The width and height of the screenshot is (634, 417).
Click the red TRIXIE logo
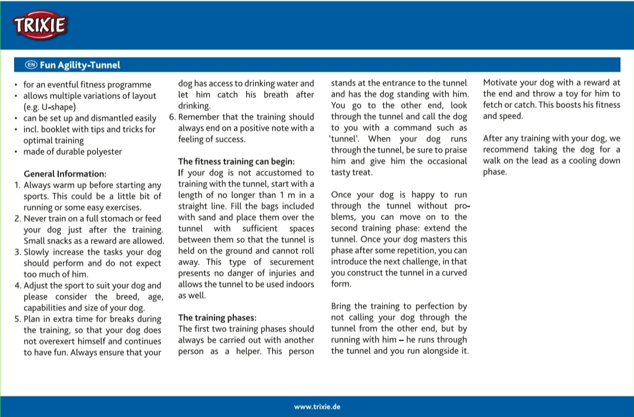(40, 25)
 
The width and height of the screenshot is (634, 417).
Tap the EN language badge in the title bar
(31, 65)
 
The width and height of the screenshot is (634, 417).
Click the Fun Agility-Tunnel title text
(80, 65)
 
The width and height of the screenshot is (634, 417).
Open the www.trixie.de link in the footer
(317, 406)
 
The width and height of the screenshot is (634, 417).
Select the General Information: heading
(65, 174)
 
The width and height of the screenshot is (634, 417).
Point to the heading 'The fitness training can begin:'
(236, 162)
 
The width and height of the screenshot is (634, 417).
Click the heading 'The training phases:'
(217, 318)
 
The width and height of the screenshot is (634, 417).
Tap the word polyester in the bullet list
(103, 152)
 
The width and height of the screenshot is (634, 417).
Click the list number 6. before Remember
(172, 117)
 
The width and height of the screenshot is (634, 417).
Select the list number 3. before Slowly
(18, 252)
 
